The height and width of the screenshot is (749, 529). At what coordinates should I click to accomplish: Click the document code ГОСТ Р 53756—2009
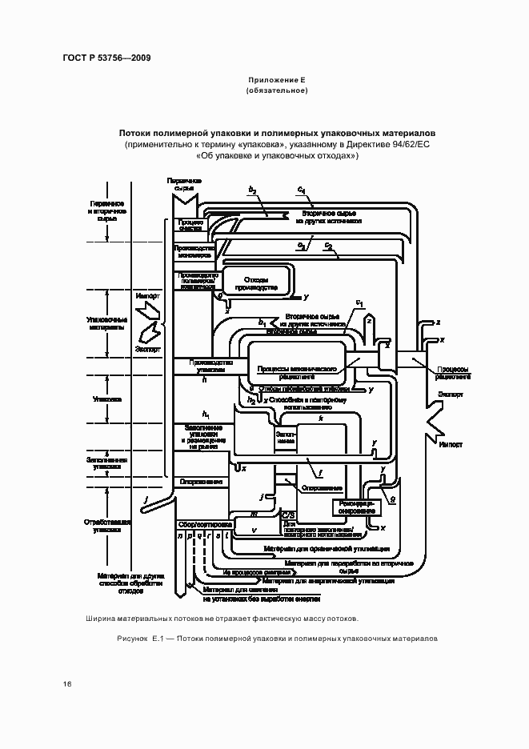point(106,58)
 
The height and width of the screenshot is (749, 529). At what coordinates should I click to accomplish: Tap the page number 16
point(68,683)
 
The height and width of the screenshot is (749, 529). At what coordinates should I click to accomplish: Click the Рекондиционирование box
point(354,508)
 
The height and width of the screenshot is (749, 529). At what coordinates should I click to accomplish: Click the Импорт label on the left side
point(148,296)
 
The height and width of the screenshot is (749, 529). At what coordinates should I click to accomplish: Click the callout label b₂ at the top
point(252,190)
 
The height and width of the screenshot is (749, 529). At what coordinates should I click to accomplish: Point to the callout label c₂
point(328,245)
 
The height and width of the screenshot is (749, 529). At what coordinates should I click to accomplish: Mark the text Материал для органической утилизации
point(326,549)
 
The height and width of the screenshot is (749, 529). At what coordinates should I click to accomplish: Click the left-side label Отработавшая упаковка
point(106,525)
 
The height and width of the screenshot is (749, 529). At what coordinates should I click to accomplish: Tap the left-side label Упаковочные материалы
point(106,322)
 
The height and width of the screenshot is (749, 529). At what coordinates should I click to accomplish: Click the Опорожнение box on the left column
point(201,482)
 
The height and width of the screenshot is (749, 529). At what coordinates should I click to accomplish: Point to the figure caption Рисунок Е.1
point(272,640)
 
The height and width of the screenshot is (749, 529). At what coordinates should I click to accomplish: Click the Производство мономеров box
point(194,251)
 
